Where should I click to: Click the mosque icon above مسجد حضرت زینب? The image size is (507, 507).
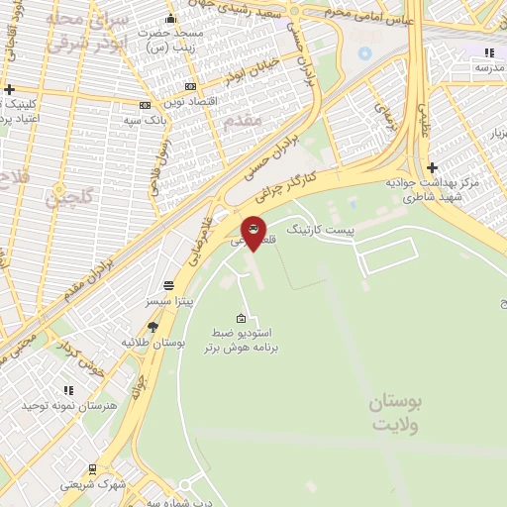coord(171,18)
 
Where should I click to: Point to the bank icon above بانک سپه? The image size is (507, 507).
coord(146,105)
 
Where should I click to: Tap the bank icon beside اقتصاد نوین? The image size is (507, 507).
coord(191,86)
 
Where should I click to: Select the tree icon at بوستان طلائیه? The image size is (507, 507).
coord(152,326)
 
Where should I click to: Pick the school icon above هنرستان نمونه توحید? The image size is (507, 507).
coord(68,390)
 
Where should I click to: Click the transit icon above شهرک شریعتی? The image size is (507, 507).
coord(92,469)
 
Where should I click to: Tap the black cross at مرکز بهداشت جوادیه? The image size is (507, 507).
coord(432,167)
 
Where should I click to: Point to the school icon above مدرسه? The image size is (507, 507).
coord(486,52)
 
